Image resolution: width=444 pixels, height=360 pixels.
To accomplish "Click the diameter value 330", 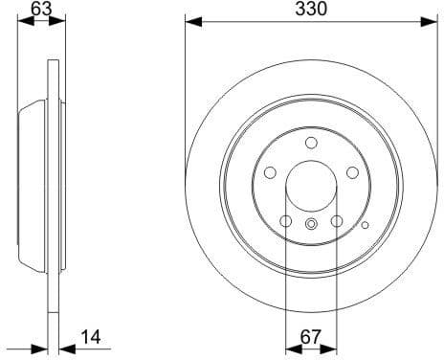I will tap(311, 10).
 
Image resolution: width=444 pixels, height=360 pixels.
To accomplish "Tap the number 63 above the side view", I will tap(40, 10).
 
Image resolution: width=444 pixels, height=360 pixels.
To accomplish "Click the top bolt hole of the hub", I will tap(311, 143).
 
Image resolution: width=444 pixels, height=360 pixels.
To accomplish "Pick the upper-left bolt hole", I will tap(269, 172).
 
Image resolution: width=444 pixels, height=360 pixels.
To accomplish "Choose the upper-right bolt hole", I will tap(352, 172).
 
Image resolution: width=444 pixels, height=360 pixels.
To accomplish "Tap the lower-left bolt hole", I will tap(285, 221).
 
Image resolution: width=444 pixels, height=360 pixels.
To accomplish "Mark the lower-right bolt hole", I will tap(337, 221).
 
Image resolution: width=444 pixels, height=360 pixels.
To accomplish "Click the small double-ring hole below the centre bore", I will tap(311, 224).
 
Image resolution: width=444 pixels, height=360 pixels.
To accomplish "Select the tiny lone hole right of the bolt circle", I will tap(366, 226).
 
